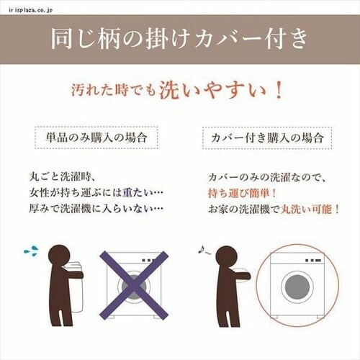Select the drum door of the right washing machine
[x=298, y=286]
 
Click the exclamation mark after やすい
[x=277, y=91]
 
